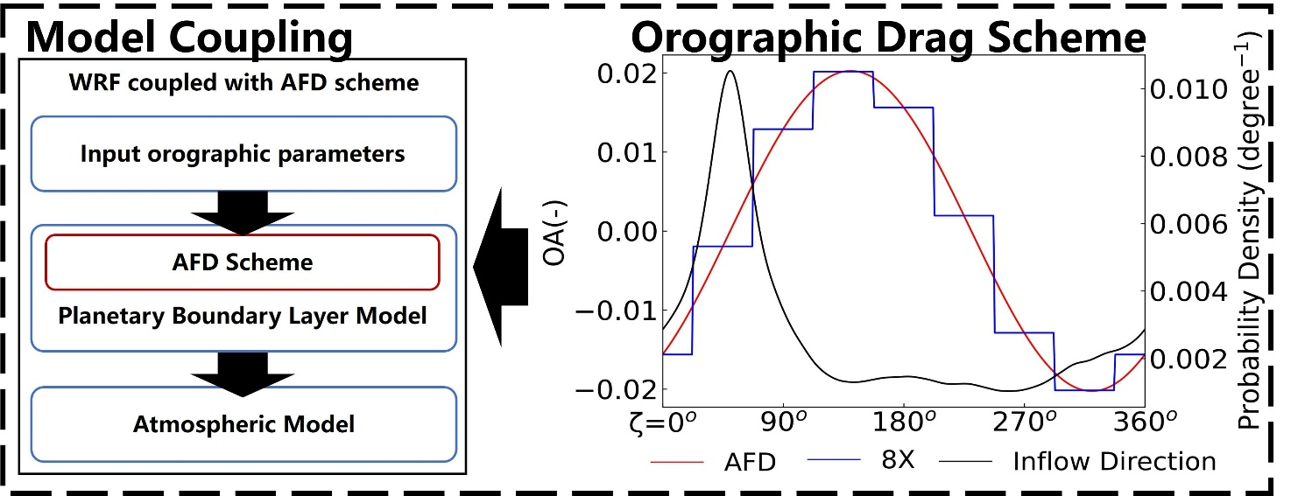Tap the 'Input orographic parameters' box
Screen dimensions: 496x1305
coord(243,154)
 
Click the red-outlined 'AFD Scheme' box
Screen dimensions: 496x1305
coord(241,262)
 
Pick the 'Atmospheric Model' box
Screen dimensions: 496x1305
coord(243,425)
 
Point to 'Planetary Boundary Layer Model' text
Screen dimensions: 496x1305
coord(243,316)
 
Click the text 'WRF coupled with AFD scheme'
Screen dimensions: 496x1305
coord(243,85)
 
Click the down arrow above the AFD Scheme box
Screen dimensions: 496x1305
coord(243,210)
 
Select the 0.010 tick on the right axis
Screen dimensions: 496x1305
coord(1187,90)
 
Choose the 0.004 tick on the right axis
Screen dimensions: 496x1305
coord(1187,291)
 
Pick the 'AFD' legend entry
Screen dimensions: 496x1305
coord(750,461)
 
